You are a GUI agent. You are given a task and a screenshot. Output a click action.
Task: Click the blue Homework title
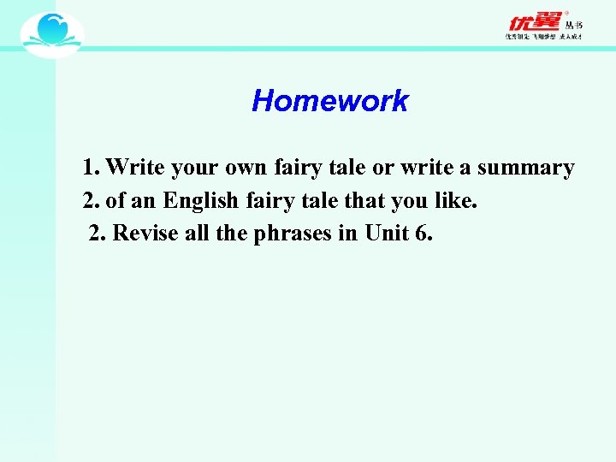tap(330, 101)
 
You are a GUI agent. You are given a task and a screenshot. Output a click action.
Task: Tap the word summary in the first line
tap(525, 168)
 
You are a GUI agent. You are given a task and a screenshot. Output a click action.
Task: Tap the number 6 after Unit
tap(422, 234)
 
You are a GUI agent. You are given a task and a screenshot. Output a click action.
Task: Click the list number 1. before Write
tap(92, 168)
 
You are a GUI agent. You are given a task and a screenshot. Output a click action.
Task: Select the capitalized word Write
tap(136, 168)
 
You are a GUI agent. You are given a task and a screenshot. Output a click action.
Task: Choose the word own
tap(246, 168)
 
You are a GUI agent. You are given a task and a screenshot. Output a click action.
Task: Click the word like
tap(458, 201)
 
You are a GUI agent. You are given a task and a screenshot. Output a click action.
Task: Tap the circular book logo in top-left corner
tap(52, 34)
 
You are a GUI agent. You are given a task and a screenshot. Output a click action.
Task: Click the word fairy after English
tap(269, 201)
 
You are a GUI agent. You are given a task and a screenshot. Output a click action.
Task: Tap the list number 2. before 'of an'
tap(92, 201)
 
